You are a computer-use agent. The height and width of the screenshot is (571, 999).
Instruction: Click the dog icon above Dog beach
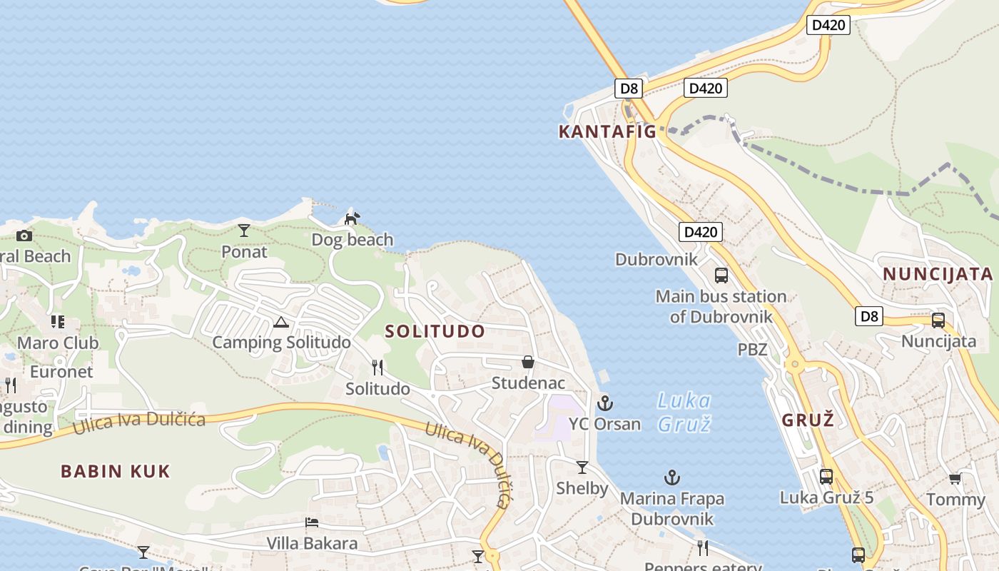pyautogui.click(x=353, y=218)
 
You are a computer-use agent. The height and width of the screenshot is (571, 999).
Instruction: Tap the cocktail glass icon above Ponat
pyautogui.click(x=244, y=231)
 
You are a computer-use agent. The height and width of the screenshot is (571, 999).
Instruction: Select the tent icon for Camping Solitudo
pyautogui.click(x=281, y=322)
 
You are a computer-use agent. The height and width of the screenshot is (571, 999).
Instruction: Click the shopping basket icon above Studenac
pyautogui.click(x=528, y=362)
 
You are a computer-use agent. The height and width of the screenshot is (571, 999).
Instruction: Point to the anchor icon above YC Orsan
pyautogui.click(x=605, y=403)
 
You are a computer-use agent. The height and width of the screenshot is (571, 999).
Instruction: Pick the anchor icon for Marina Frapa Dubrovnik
pyautogui.click(x=671, y=477)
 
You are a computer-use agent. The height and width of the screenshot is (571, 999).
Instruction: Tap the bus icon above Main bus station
pyautogui.click(x=721, y=275)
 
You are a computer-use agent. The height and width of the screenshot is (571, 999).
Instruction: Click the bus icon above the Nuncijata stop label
pyautogui.click(x=938, y=320)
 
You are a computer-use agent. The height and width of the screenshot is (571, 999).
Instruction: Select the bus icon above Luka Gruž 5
pyautogui.click(x=826, y=476)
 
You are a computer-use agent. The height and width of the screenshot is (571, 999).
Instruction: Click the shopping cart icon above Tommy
pyautogui.click(x=955, y=478)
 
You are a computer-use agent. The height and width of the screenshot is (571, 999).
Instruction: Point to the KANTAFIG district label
pyautogui.click(x=607, y=131)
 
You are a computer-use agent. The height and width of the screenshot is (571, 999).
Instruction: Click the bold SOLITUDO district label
pyautogui.click(x=435, y=331)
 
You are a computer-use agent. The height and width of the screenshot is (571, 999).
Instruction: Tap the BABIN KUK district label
pyautogui.click(x=116, y=471)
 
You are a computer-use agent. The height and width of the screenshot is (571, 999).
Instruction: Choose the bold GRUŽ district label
pyautogui.click(x=808, y=420)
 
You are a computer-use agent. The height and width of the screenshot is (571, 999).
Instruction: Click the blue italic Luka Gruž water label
pyautogui.click(x=684, y=412)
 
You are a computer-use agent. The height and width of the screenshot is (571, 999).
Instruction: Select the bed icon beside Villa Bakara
pyautogui.click(x=312, y=522)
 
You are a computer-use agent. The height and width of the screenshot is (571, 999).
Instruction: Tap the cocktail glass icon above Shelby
pyautogui.click(x=582, y=468)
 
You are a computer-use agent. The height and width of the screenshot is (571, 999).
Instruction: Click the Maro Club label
pyautogui.click(x=58, y=343)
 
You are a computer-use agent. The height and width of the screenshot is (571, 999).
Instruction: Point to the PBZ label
pyautogui.click(x=752, y=350)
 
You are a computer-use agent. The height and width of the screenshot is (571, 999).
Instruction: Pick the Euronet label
pyautogui.click(x=61, y=372)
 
